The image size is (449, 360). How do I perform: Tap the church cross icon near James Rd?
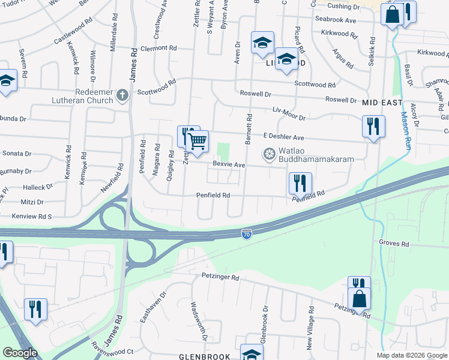[x=122, y=95]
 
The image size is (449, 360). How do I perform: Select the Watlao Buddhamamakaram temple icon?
[x=270, y=155]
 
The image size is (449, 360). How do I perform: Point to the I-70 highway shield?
[x=247, y=234]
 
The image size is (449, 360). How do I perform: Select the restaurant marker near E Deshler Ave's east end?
[x=373, y=126]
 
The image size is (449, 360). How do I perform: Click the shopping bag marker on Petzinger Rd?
[x=359, y=298]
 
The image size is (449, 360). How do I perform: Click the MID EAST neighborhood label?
[x=382, y=103]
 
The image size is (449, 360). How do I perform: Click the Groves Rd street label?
[x=394, y=244]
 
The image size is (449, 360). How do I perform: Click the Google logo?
[x=19, y=353]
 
